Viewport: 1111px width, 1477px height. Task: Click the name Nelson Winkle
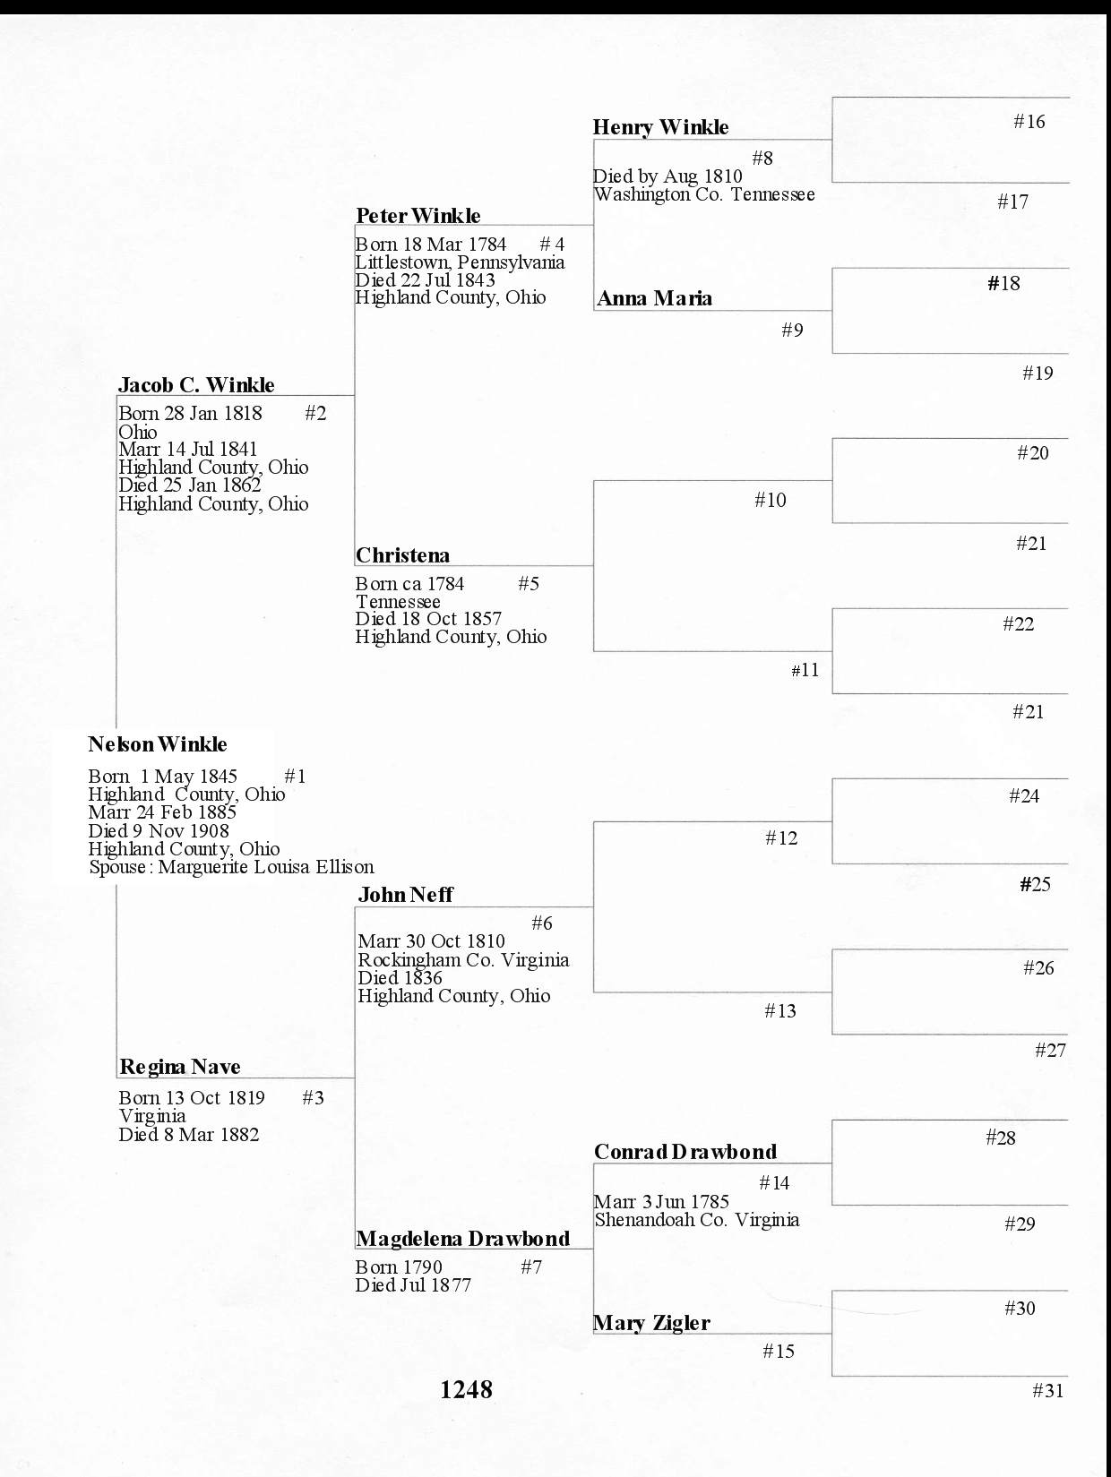click(x=158, y=744)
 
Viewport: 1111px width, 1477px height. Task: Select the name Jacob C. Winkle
click(x=196, y=385)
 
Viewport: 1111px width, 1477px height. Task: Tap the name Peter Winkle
click(x=418, y=216)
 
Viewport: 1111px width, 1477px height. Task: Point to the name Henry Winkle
click(x=660, y=127)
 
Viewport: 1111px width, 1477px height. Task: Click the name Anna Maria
click(x=654, y=298)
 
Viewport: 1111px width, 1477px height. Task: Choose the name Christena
click(x=402, y=555)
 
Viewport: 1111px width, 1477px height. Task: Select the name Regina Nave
click(x=179, y=1067)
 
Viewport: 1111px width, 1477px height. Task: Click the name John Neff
click(x=405, y=895)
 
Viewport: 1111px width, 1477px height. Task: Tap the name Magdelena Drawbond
click(x=462, y=1239)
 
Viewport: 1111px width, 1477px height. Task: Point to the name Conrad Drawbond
click(x=685, y=1152)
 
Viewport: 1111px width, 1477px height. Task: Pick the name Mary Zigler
click(x=651, y=1323)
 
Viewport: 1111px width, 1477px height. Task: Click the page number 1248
click(x=466, y=1389)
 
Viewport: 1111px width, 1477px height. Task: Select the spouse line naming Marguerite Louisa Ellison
click(x=231, y=867)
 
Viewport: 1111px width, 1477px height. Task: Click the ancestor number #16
click(x=1029, y=122)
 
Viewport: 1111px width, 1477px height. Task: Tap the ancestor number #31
click(x=1047, y=1391)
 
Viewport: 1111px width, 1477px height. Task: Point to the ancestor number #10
click(x=770, y=500)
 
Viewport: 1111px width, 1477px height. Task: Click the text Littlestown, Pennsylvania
click(x=460, y=262)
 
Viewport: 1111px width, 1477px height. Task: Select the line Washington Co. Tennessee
click(x=704, y=194)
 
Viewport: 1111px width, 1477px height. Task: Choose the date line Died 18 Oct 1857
click(x=428, y=619)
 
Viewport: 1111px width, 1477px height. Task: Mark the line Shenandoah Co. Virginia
click(x=697, y=1220)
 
